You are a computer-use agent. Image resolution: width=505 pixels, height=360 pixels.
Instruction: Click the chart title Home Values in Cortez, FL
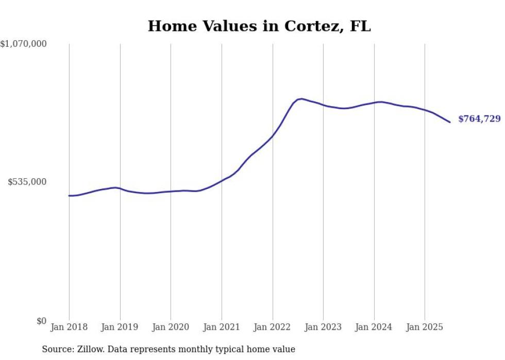(x=259, y=26)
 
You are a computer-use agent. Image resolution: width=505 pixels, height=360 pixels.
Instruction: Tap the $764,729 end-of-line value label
(x=479, y=119)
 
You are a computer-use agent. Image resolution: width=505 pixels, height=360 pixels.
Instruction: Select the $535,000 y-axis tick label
(x=27, y=182)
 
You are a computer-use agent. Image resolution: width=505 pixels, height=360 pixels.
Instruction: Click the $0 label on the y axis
(x=41, y=321)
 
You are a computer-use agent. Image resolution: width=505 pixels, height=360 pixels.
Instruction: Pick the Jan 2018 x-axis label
(x=69, y=327)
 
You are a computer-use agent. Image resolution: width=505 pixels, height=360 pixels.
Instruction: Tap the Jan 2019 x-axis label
(x=120, y=327)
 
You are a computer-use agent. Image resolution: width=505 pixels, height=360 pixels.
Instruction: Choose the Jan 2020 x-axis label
(x=171, y=327)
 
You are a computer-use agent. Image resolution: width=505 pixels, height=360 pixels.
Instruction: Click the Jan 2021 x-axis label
(x=222, y=327)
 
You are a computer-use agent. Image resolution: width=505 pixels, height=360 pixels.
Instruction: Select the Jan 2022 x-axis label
(x=273, y=327)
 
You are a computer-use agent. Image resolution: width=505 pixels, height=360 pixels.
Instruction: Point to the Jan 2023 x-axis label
(x=323, y=327)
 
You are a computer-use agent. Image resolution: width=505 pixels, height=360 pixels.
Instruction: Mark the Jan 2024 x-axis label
(x=374, y=327)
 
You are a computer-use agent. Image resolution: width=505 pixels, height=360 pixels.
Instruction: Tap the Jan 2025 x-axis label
(x=425, y=327)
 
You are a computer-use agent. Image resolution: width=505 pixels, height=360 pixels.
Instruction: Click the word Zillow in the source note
(x=90, y=349)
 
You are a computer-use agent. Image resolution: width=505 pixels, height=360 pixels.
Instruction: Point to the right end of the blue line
(x=450, y=122)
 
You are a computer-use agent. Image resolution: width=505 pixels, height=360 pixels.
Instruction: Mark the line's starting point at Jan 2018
(x=69, y=196)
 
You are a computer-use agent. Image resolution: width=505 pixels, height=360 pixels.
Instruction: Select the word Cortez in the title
(x=315, y=26)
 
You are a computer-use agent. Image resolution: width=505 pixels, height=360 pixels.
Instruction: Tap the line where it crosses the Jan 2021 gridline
(x=222, y=181)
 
